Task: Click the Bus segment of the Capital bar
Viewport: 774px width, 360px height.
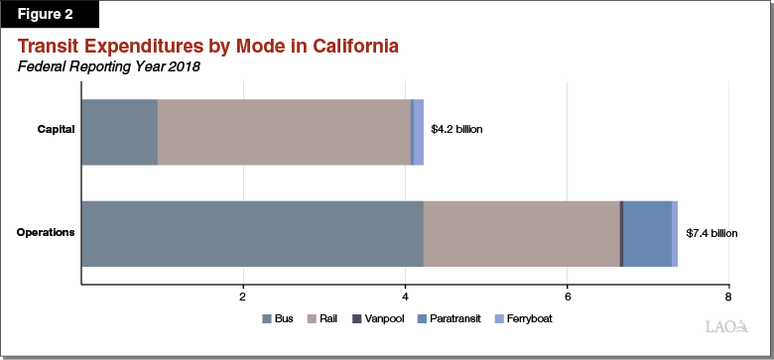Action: [x=119, y=132]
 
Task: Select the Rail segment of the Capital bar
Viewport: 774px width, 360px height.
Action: [x=284, y=132]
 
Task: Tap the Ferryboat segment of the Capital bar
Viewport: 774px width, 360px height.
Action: [x=419, y=132]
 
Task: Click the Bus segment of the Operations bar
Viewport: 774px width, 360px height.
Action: [x=252, y=233]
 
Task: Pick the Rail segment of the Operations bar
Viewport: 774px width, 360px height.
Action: [x=521, y=233]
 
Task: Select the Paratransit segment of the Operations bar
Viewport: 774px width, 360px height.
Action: [x=647, y=233]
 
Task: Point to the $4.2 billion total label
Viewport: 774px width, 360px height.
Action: [x=456, y=130]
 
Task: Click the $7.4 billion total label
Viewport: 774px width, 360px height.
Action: [x=712, y=233]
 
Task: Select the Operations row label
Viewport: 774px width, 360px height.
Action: [x=47, y=233]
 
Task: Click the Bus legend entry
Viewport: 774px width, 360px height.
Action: [x=280, y=319]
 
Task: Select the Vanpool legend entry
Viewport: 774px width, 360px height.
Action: [x=383, y=319]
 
